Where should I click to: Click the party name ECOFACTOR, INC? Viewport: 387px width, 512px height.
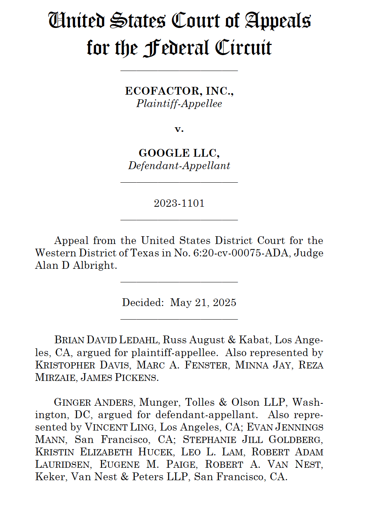(x=179, y=91)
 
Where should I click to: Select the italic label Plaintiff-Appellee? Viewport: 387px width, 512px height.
(x=179, y=104)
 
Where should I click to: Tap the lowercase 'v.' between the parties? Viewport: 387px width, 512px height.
(x=179, y=128)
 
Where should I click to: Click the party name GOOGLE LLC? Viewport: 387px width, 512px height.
(x=179, y=153)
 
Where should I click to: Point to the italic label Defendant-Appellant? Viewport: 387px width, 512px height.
(x=179, y=166)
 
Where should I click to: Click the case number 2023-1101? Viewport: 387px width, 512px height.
(x=179, y=203)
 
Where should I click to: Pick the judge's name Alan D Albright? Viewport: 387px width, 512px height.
(x=76, y=265)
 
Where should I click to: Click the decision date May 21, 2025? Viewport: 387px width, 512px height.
(x=203, y=303)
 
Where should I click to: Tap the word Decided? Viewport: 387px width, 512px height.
(x=143, y=303)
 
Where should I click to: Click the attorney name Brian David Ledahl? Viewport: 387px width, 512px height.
(x=106, y=340)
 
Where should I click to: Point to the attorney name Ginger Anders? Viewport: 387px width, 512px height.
(x=94, y=402)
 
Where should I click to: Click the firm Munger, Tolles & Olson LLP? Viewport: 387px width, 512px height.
(x=213, y=402)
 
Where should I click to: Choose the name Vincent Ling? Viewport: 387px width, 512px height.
(x=120, y=427)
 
